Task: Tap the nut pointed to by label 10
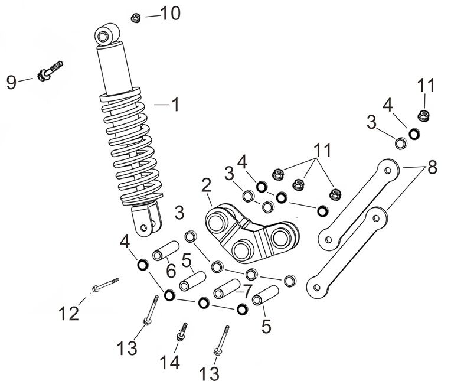point(135,18)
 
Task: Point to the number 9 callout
point(12,82)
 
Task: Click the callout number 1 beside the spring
point(174,105)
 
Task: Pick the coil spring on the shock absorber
point(130,148)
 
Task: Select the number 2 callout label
point(206,186)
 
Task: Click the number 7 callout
point(247,290)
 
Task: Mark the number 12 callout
point(68,313)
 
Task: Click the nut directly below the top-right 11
point(423,115)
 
